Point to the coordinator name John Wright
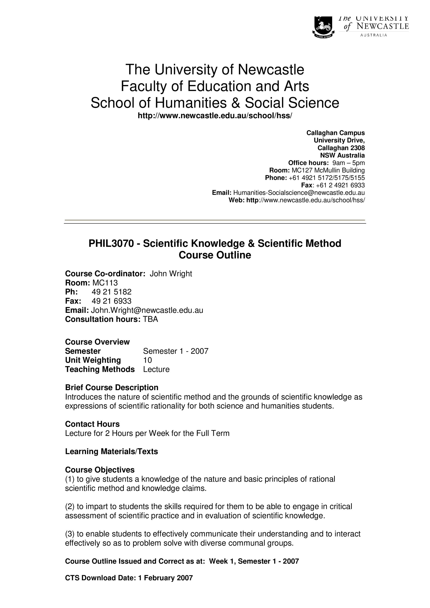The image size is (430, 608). (x=171, y=273)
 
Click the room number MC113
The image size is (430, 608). (x=105, y=283)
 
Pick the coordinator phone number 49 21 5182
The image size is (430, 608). (x=112, y=292)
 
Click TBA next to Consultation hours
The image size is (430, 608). (x=150, y=319)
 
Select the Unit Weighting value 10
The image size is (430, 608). (x=147, y=360)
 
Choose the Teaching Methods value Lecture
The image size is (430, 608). (x=156, y=369)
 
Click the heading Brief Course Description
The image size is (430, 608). (x=112, y=388)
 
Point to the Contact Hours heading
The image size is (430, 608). (x=92, y=424)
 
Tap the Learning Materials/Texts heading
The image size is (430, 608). (x=111, y=452)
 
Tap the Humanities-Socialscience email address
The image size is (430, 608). (x=299, y=193)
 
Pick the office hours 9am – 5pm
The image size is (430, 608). (x=348, y=163)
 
